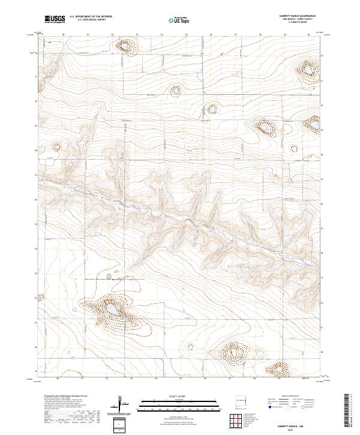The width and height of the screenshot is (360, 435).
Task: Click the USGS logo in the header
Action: point(55,19)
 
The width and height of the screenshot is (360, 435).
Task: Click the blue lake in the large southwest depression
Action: point(112,308)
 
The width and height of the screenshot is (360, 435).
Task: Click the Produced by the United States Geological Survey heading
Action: point(63,397)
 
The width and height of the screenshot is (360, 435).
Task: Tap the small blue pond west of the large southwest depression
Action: point(75,310)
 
